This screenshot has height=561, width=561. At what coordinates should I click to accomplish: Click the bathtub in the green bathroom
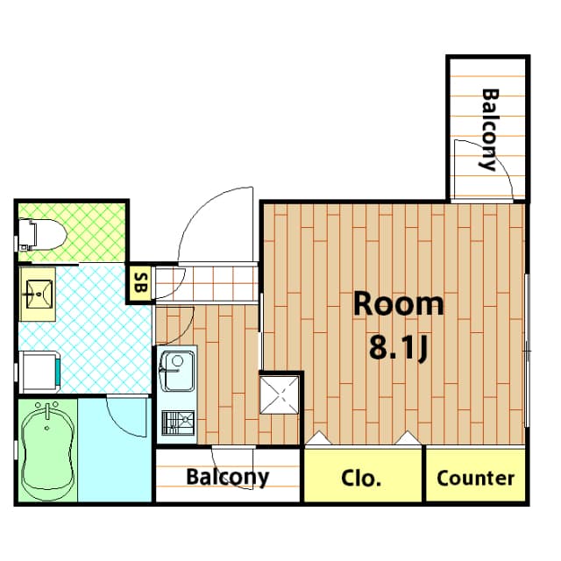(x=46, y=450)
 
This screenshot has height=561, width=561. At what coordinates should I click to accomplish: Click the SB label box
(x=140, y=283)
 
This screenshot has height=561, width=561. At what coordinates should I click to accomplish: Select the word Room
(x=398, y=304)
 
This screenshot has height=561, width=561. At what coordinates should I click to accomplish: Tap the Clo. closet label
(x=360, y=479)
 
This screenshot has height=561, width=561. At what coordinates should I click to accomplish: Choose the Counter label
(x=475, y=479)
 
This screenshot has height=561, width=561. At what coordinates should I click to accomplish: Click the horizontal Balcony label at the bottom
(x=227, y=478)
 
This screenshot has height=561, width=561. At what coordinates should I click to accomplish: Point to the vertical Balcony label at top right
(x=489, y=129)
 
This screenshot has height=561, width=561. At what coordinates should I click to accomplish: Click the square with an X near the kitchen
(x=281, y=394)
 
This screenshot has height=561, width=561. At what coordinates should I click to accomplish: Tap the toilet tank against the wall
(x=25, y=234)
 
